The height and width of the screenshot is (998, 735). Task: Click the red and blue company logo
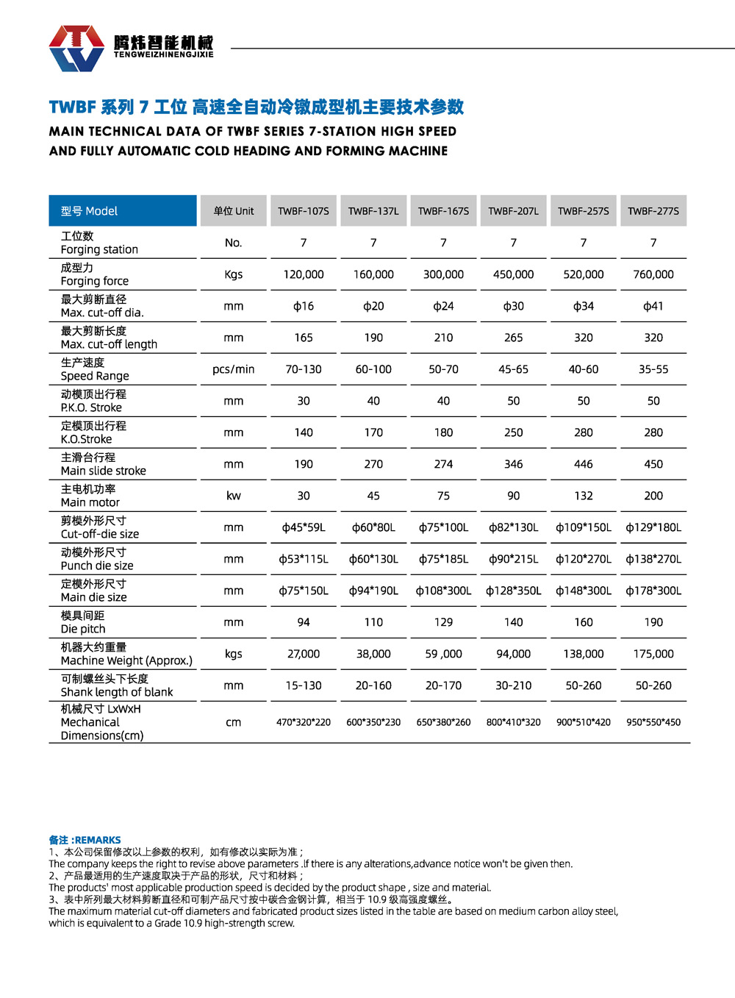(x=76, y=48)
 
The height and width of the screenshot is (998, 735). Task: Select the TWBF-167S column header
(x=443, y=211)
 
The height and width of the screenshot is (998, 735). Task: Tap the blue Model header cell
(x=123, y=211)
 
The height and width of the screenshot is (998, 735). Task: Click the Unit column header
(x=234, y=211)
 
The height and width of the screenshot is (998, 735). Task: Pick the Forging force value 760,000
(x=653, y=274)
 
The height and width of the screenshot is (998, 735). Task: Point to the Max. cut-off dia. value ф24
(x=443, y=306)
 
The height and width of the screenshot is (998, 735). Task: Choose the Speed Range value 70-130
(x=304, y=369)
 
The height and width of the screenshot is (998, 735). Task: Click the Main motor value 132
(x=584, y=496)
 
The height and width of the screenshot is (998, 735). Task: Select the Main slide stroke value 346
(x=514, y=464)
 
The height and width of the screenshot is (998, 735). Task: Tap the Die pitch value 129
(x=443, y=622)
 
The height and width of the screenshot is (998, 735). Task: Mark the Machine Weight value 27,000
(x=304, y=654)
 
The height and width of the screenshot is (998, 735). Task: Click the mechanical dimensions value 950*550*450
(x=653, y=722)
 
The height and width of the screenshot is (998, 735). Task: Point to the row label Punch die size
(x=97, y=566)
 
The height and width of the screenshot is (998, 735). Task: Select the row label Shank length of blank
(x=117, y=692)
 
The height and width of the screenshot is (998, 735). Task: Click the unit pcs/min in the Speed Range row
(x=234, y=369)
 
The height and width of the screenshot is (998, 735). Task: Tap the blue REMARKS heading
(x=85, y=840)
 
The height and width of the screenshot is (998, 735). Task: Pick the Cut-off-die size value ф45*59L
(x=304, y=527)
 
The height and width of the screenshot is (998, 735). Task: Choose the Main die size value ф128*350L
(x=514, y=591)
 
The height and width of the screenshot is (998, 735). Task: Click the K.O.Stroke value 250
(x=514, y=432)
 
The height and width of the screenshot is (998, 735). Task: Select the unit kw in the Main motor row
(x=234, y=496)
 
